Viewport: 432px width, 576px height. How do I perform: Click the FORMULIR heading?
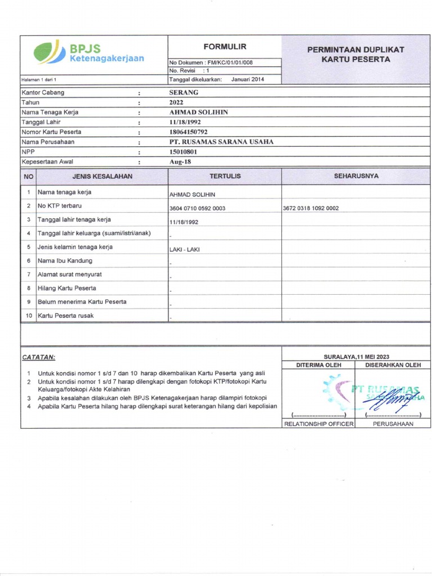(224, 47)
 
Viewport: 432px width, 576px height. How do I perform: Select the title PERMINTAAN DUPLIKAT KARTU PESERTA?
(355, 55)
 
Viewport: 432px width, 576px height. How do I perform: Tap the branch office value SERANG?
(184, 92)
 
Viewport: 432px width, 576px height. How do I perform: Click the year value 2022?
(177, 102)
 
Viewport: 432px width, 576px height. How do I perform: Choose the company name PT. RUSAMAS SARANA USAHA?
(221, 142)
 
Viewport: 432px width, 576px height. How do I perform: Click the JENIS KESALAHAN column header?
(102, 177)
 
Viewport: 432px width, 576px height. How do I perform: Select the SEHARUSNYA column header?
(356, 176)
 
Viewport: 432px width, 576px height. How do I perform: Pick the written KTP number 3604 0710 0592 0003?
(197, 208)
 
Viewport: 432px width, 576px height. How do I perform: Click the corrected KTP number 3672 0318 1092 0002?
(310, 208)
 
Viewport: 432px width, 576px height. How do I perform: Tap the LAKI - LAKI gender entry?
(184, 249)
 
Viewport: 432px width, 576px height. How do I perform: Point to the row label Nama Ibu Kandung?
(65, 261)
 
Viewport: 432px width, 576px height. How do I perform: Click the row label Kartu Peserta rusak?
(66, 316)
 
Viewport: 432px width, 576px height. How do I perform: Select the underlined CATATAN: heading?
(39, 357)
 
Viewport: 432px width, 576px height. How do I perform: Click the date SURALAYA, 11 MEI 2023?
(356, 357)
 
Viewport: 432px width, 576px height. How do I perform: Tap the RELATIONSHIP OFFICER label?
(318, 424)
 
